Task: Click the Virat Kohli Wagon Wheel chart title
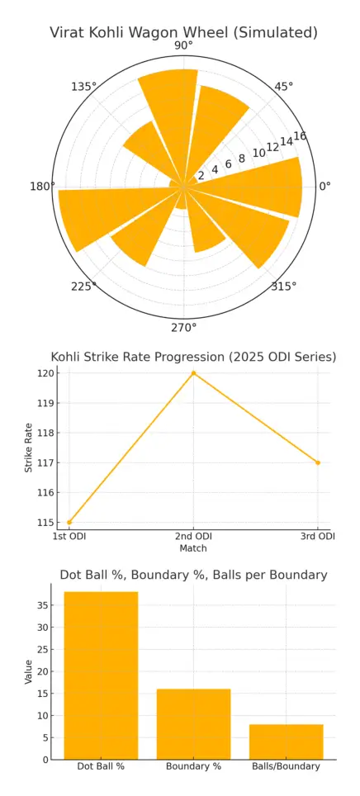click(x=183, y=33)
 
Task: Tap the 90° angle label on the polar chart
click(x=183, y=45)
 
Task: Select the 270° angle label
click(x=183, y=328)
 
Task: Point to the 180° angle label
click(x=42, y=187)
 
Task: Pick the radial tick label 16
click(x=300, y=136)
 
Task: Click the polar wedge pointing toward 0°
click(x=256, y=186)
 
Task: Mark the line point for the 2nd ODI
click(x=194, y=373)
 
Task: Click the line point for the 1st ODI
click(x=69, y=522)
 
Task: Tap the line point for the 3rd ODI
click(x=318, y=462)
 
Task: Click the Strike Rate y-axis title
click(x=29, y=448)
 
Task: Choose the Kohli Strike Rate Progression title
click(x=193, y=357)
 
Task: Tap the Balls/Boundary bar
click(x=287, y=742)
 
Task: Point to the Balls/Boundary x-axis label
click(x=287, y=766)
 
